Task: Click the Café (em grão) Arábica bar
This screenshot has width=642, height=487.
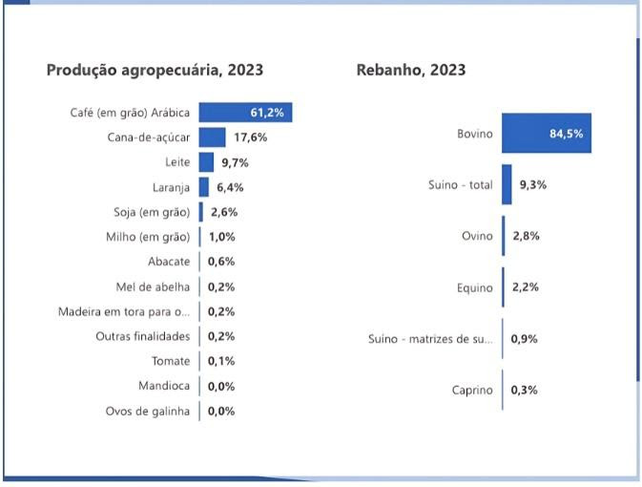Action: pos(244,113)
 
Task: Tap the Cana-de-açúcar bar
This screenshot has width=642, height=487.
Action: pos(212,138)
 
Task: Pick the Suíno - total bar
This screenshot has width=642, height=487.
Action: pos(507,184)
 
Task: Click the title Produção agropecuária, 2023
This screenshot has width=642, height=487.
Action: pos(155,70)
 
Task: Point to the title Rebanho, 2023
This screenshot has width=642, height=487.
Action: pos(411,70)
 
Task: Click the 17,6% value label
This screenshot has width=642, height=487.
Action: pos(251,138)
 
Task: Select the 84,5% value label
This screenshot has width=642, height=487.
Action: pos(566,134)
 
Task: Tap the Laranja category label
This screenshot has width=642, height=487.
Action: pos(171,187)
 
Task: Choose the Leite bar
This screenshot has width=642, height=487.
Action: pos(206,162)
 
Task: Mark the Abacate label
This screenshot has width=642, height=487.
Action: pos(169,262)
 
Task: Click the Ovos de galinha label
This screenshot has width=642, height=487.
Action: pos(148,412)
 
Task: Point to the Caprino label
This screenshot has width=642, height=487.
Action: pos(471,390)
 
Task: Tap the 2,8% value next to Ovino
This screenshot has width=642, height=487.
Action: pos(526,235)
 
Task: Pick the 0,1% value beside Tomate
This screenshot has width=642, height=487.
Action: pos(221,361)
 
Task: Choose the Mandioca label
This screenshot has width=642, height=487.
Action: pos(164,386)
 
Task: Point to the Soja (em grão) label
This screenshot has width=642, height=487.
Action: pos(152,212)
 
